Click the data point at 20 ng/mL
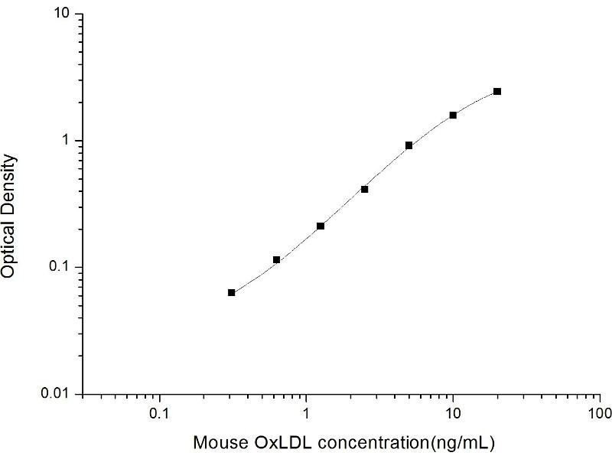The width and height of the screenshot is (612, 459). pyautogui.click(x=497, y=91)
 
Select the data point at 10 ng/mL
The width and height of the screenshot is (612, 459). pyautogui.click(x=453, y=115)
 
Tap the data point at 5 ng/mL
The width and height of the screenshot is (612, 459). pyautogui.click(x=409, y=145)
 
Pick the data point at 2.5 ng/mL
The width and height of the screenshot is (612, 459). pyautogui.click(x=365, y=189)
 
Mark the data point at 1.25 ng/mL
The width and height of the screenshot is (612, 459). pyautogui.click(x=321, y=226)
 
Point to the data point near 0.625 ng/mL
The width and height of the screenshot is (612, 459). pyautogui.click(x=276, y=260)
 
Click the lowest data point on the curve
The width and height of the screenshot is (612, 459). pyautogui.click(x=232, y=292)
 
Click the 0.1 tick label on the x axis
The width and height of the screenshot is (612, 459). pyautogui.click(x=159, y=414)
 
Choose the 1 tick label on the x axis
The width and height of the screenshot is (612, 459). pyautogui.click(x=306, y=414)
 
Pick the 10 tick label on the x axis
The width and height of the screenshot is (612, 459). pyautogui.click(x=453, y=414)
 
